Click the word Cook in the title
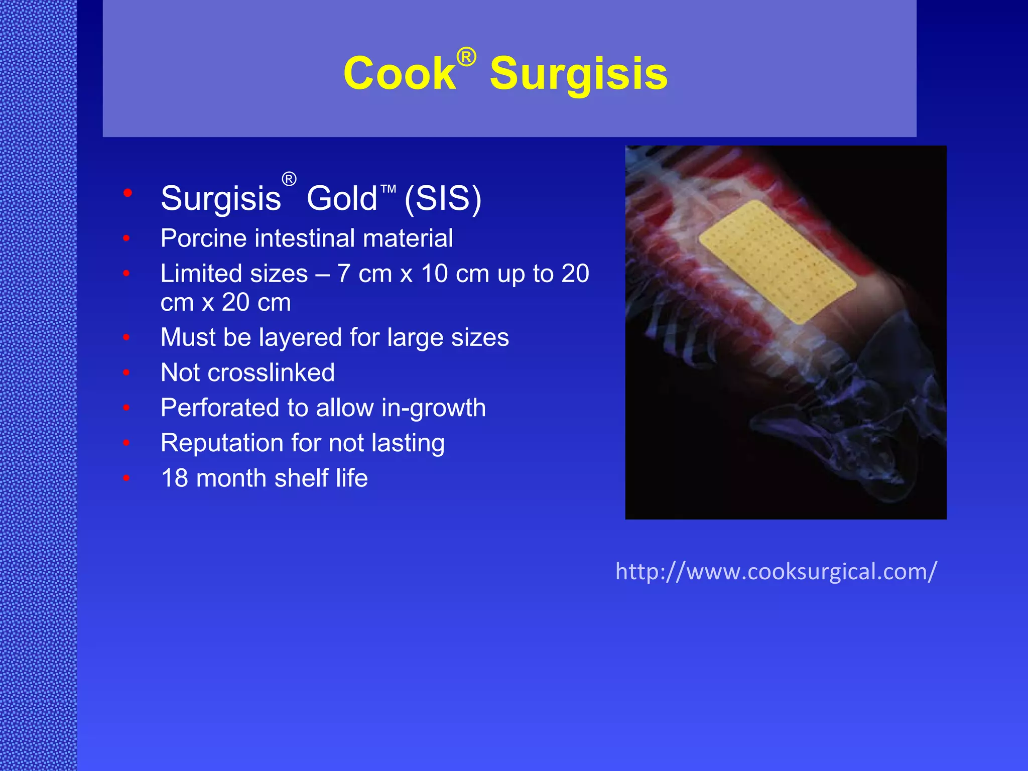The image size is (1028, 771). [x=399, y=74]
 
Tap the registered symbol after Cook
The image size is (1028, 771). [x=466, y=57]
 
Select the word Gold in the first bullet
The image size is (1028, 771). [x=341, y=198]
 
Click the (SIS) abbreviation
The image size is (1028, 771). [x=443, y=198]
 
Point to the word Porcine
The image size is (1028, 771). [x=203, y=238]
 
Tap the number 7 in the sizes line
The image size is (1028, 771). [x=344, y=274]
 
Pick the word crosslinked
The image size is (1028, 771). [x=271, y=372]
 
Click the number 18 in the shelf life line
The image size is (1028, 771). [x=174, y=478]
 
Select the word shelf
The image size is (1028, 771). [x=301, y=478]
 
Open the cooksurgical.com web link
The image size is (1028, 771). [x=776, y=572]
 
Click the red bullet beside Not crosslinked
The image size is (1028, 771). [x=126, y=372]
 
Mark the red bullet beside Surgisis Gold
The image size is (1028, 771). [x=127, y=193]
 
